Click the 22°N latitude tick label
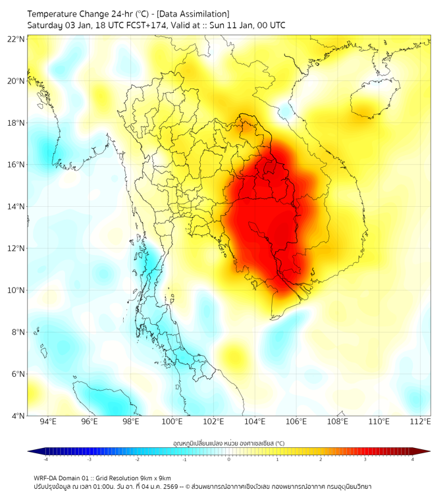[16, 39]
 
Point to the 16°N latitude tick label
[16, 165]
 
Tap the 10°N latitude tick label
[16, 290]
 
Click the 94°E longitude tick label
[48, 422]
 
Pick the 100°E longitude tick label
[172, 422]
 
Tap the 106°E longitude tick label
[297, 422]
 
